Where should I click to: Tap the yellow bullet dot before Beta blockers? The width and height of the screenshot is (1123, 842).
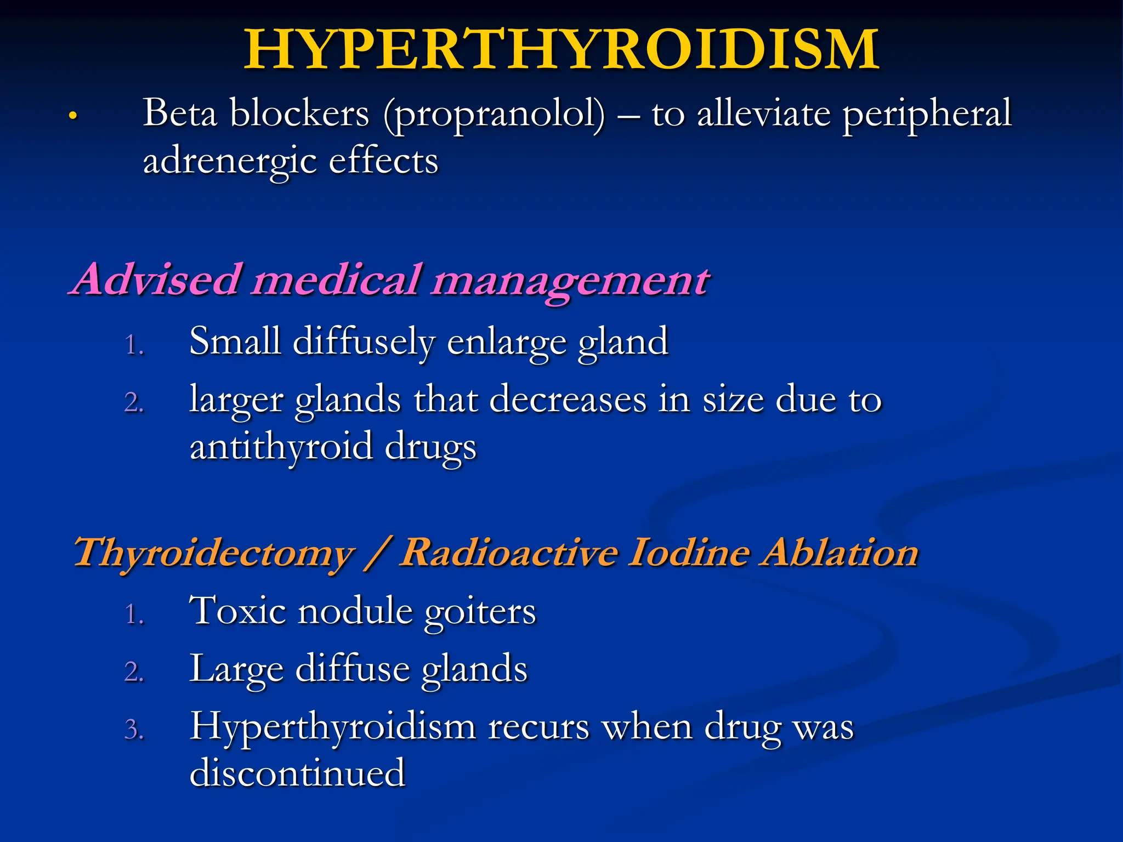click(72, 116)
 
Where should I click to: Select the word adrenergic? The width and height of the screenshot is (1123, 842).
click(229, 162)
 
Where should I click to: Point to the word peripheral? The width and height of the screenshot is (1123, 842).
click(927, 114)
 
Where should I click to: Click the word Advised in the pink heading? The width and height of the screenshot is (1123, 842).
click(157, 280)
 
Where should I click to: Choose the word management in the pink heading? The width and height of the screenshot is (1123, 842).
click(570, 281)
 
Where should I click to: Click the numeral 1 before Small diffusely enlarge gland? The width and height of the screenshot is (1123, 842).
click(133, 345)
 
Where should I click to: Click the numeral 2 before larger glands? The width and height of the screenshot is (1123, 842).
click(134, 403)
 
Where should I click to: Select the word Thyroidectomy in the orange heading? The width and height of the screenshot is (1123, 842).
click(214, 553)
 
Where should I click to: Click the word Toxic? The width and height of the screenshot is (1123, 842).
click(237, 611)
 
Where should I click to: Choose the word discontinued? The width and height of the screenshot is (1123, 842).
click(297, 773)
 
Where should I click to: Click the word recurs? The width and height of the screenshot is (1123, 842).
click(538, 728)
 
